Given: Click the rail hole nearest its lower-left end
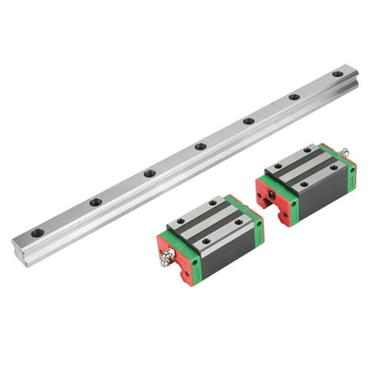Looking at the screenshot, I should pos(37,233).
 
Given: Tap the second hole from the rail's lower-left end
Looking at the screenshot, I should pos(95,202).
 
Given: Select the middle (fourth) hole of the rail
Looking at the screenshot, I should pos(200,146).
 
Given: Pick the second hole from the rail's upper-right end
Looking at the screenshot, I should pos(294,97).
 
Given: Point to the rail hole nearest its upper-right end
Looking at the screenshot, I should pos(337,74).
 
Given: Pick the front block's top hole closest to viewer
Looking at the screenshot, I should pos(205,241).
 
